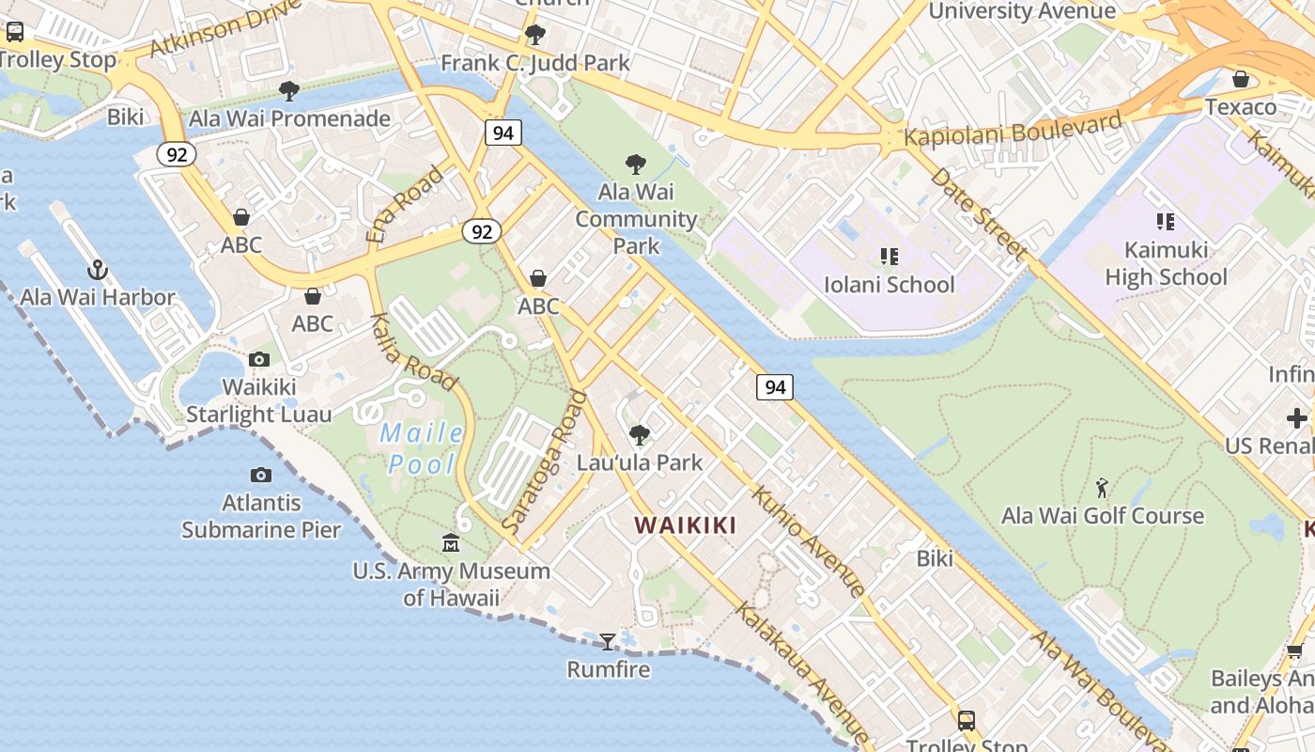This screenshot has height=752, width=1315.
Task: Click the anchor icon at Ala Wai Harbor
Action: (98, 271)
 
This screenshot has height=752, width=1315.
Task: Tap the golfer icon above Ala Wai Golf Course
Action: (1102, 488)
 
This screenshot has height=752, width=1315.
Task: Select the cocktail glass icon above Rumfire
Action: (608, 642)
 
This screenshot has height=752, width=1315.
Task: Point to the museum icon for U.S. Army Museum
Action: (451, 543)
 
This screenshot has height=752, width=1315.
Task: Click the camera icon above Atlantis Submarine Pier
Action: (261, 476)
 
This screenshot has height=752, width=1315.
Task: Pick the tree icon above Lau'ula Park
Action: (640, 435)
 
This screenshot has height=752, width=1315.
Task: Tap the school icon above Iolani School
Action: (889, 257)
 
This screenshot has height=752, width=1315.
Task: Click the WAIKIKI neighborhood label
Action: (686, 525)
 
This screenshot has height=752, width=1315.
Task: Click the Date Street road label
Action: (978, 215)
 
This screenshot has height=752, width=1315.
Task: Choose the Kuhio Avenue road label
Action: (808, 540)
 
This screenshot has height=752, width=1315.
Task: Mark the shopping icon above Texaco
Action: (1241, 79)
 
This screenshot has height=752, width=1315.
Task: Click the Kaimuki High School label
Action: (1166, 263)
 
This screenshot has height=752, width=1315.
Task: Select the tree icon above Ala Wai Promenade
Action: (289, 91)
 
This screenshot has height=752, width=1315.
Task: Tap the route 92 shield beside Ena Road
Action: (482, 231)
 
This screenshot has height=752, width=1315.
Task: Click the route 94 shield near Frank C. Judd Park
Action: (503, 133)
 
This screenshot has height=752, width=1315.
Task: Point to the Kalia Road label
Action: (413, 352)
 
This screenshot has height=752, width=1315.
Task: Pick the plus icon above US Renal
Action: (1297, 418)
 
